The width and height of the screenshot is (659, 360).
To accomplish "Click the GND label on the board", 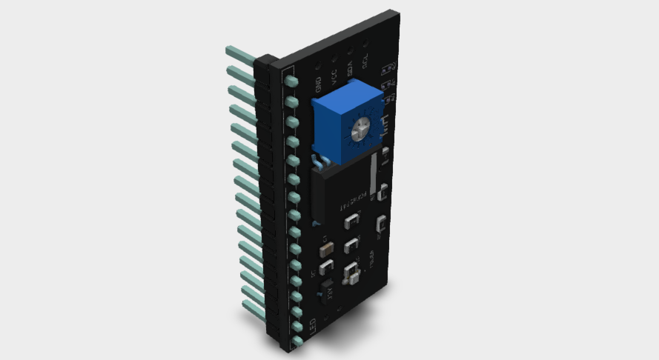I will pos(318,84).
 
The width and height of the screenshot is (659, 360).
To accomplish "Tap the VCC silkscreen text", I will pos(334,76).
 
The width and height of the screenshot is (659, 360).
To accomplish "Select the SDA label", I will pos(350,70).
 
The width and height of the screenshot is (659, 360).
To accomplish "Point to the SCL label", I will pos(365,63).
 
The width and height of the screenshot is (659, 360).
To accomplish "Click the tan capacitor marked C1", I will pos(327,250).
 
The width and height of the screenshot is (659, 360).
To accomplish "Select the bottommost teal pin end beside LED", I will pos(297,342).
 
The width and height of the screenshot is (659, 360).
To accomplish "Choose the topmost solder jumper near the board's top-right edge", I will pos(386,69).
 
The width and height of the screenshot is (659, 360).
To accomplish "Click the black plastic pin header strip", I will pos(268,200).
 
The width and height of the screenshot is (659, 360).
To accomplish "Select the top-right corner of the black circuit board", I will pos(398,13).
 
